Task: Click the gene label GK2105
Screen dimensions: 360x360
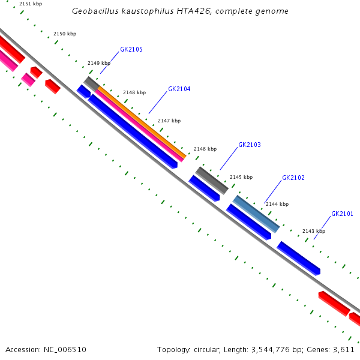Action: tap(131, 49)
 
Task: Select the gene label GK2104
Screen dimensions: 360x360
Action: tap(179, 89)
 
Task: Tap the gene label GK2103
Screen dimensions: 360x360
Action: tap(250, 145)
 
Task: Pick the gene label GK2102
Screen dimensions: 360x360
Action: tap(293, 178)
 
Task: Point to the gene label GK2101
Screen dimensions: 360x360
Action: tap(342, 214)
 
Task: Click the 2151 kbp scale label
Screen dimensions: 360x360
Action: tap(31, 4)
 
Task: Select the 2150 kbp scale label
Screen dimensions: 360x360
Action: tap(65, 34)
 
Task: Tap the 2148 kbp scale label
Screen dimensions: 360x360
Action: tap(134, 92)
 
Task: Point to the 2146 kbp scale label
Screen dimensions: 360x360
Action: tap(205, 148)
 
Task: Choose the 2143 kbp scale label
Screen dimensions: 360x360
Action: tap(314, 231)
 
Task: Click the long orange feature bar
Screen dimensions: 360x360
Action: tap(144, 122)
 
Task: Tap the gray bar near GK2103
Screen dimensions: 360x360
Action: tap(212, 180)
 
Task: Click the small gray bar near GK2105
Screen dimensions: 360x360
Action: tap(91, 83)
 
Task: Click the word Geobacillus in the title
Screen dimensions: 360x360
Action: tap(94, 11)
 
